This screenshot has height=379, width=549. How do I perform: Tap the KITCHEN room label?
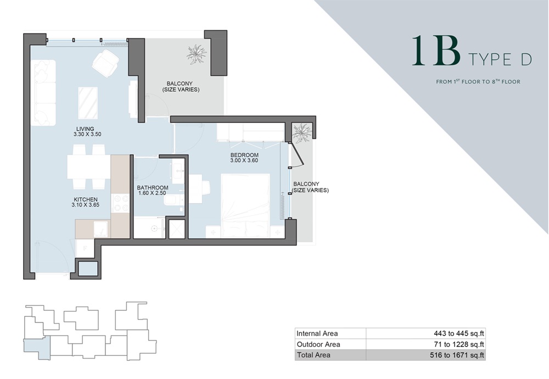click(86, 199)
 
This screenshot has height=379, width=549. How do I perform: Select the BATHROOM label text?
click(153, 188)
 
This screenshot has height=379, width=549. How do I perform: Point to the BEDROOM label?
click(244, 155)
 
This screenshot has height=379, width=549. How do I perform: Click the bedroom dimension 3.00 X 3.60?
click(244, 162)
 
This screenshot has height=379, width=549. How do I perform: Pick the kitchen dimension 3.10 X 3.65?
click(86, 206)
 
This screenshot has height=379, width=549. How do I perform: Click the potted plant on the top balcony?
click(196, 54)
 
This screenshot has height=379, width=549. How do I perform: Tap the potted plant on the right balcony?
click(302, 132)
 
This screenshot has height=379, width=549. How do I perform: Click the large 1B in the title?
click(436, 52)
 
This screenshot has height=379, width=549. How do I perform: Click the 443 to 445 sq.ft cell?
click(458, 333)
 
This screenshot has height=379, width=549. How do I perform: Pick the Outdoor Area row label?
click(318, 344)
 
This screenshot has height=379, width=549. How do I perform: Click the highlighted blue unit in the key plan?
click(36, 348)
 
